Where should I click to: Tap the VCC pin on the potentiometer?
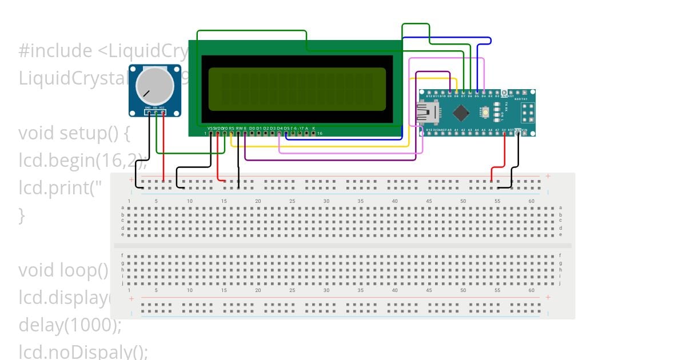[x=163, y=113]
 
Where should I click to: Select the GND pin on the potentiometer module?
[x=148, y=113]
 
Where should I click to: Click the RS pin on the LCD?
[x=232, y=134]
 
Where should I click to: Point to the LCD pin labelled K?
[x=313, y=134]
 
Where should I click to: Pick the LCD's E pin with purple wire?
[x=245, y=134]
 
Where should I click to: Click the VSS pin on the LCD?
[x=211, y=134]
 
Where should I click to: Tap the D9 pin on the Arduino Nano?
[x=450, y=92]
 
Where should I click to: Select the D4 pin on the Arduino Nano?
[x=484, y=92]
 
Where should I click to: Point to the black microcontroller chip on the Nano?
[x=461, y=113]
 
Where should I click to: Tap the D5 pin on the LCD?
[x=286, y=134]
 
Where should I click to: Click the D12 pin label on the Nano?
[x=429, y=97]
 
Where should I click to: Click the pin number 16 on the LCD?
[x=320, y=134]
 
